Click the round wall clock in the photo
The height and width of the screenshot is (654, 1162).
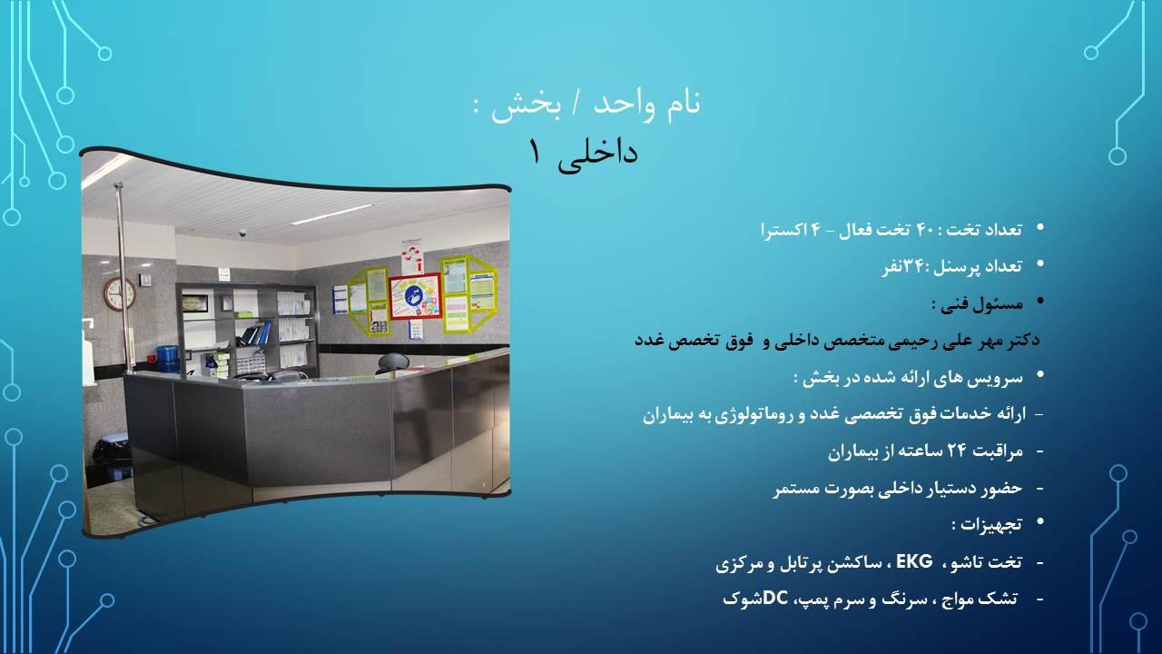pos(119,293)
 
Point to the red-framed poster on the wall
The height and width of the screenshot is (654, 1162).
pos(415,296)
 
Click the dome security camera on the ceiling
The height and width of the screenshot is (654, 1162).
pos(242,233)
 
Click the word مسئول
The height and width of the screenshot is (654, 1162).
pos(1000,302)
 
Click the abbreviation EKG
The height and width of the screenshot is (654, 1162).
pos(914,562)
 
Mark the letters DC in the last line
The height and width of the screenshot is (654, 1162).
pos(775,599)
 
